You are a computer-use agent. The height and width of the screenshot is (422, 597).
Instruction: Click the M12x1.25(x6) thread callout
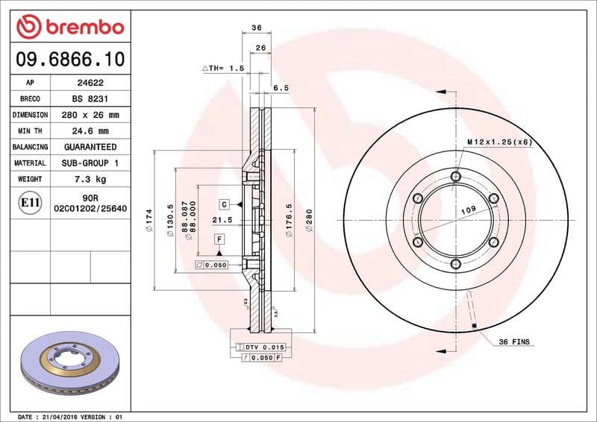pyautogui.click(x=498, y=141)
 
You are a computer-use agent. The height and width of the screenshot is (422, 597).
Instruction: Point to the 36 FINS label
pyautogui.click(x=514, y=341)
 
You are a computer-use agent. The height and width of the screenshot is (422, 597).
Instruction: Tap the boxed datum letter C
pyautogui.click(x=223, y=204)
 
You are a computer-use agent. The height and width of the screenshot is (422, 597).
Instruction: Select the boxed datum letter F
pyautogui.click(x=219, y=239)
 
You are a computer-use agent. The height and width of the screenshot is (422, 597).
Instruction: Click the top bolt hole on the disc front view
pyautogui.click(x=457, y=177)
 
